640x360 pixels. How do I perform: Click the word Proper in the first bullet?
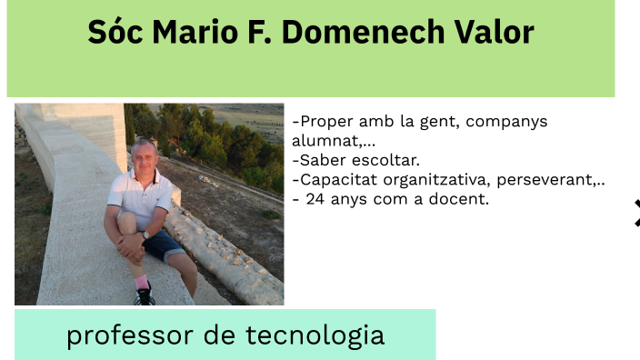coord(324,122)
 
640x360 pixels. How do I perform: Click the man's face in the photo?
coord(143,156)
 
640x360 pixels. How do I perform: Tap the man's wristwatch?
coord(144,235)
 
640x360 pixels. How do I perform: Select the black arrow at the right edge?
coord(636,213)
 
